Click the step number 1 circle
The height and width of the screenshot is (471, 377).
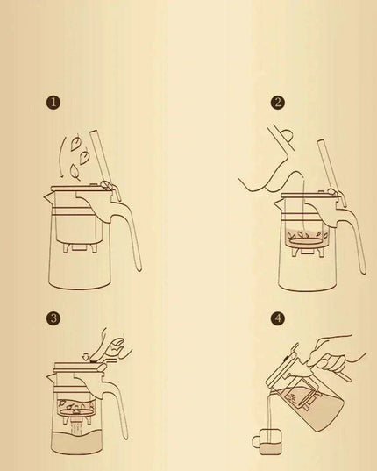(53, 103)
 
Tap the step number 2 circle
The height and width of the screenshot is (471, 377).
(279, 103)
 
